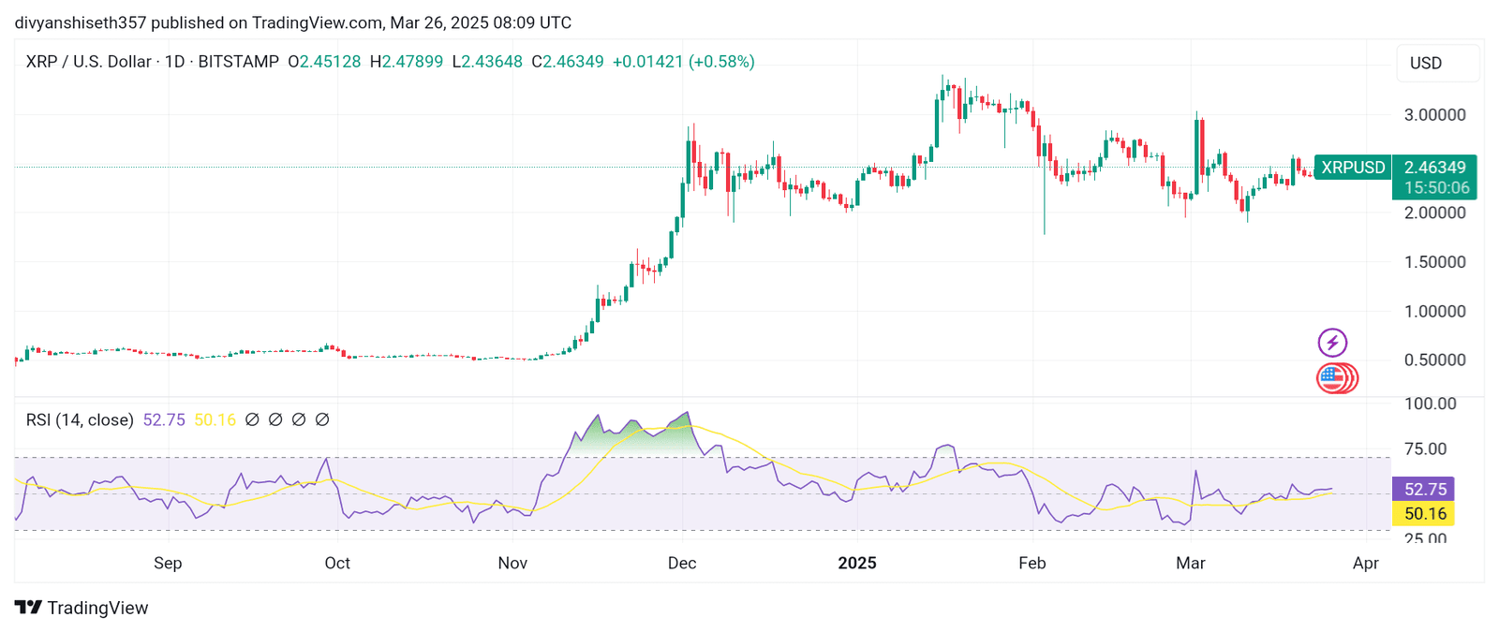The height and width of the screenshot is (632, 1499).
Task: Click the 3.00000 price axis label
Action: tap(1434, 115)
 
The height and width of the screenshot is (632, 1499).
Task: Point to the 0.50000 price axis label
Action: tap(1434, 360)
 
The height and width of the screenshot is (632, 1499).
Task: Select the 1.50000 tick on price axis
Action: tap(1434, 262)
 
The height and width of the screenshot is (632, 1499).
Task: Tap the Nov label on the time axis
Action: tap(512, 563)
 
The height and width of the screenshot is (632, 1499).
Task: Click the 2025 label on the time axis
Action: tap(856, 563)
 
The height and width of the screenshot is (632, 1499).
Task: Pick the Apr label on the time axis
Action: tap(1365, 563)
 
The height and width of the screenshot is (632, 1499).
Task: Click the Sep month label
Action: tap(168, 563)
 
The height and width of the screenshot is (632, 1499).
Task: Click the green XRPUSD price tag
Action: tap(1352, 168)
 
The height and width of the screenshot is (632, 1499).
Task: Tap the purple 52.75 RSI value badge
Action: tap(1425, 489)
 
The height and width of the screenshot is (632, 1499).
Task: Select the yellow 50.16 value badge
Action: tap(1425, 513)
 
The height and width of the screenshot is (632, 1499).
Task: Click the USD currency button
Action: tap(1426, 64)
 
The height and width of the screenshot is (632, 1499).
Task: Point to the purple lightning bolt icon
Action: tap(1332, 343)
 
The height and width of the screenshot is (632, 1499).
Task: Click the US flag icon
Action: tap(1332, 378)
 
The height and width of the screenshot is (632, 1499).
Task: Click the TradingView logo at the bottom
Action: tap(82, 608)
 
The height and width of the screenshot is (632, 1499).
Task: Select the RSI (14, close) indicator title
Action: tap(80, 420)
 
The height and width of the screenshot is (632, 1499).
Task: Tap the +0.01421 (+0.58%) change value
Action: tap(683, 62)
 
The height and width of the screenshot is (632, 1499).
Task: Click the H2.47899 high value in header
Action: tap(407, 62)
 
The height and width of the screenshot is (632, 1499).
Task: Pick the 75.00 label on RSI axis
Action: tap(1425, 449)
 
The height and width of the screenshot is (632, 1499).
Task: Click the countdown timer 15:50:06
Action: tap(1436, 188)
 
